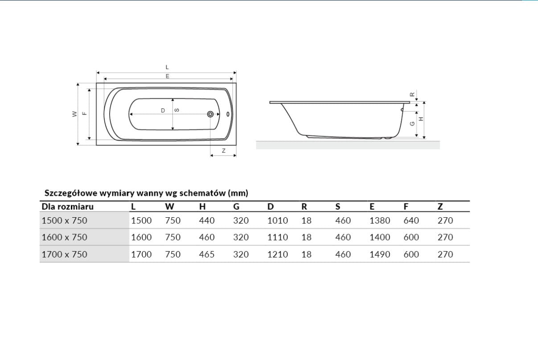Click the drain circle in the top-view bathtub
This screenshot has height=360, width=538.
(x=210, y=114)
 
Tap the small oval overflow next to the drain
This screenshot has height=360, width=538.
(x=228, y=114)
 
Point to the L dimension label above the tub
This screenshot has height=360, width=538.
(x=167, y=67)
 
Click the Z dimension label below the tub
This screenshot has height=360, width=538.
(x=224, y=151)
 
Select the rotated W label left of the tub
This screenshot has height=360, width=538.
(x=75, y=114)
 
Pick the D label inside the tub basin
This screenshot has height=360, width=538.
(x=163, y=110)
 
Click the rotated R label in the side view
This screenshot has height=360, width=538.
(x=412, y=95)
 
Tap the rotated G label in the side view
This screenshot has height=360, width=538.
(x=412, y=124)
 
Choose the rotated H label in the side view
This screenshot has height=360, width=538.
(x=421, y=119)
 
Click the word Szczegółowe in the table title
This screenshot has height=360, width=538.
(x=70, y=193)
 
